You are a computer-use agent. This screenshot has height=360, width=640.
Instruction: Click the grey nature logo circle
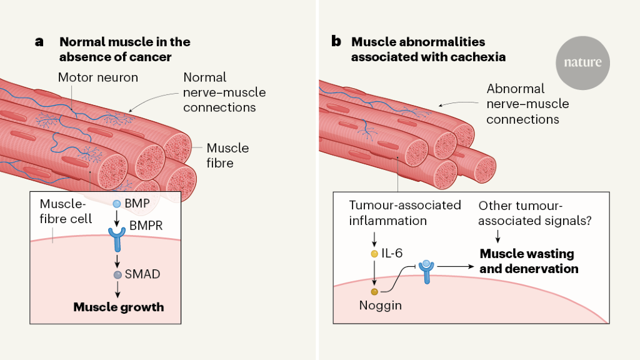coord(582,62)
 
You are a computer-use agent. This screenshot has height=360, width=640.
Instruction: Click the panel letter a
coord(39,42)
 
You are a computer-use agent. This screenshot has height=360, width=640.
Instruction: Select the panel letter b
coord(336,42)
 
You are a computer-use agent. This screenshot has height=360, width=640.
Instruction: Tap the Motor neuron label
coord(98,78)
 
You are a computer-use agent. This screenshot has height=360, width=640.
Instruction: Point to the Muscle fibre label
coord(227,156)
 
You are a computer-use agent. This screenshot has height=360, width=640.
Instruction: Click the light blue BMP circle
coord(117,204)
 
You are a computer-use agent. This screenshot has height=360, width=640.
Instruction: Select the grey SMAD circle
coord(117,275)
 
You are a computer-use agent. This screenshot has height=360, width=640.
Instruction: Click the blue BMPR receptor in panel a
coord(117,237)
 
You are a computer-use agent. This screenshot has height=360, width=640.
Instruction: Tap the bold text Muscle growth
coord(119,307)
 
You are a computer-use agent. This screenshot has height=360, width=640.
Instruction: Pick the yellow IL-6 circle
coord(374,254)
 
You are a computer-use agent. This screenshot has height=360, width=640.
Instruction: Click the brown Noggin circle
coord(374,291)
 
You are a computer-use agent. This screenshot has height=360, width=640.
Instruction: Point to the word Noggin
coord(381,306)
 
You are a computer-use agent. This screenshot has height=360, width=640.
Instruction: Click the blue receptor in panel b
coord(426,270)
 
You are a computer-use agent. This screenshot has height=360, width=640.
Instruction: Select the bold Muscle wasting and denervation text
coord(528,261)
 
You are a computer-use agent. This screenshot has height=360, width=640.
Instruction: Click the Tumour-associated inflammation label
coord(404,213)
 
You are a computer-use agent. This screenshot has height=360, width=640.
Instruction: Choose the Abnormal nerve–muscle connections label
coord(527,104)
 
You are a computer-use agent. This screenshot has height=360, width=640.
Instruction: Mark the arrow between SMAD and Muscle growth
coord(117,291)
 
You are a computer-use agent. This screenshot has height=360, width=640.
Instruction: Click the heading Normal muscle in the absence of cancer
coord(124,49)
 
